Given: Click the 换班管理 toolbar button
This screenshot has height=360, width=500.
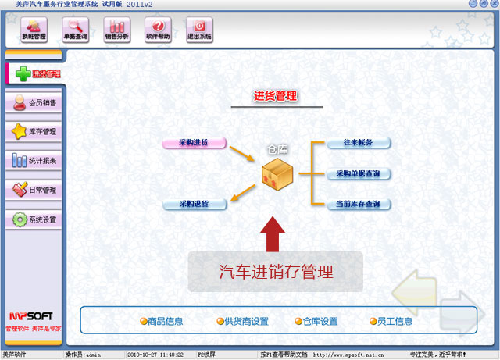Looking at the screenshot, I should (34, 30).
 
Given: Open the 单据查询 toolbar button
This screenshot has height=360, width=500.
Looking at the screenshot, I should (76, 30).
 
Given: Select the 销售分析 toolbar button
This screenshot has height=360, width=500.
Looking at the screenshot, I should (116, 30).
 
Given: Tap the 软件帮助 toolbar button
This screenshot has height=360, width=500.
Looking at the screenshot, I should (158, 30).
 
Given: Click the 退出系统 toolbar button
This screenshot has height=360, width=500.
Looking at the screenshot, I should (198, 30).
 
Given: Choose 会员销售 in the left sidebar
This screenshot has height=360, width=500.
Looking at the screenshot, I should (34, 102).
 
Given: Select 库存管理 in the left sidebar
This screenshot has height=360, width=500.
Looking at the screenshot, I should (34, 131).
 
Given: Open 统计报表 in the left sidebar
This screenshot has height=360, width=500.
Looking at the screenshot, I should (34, 161).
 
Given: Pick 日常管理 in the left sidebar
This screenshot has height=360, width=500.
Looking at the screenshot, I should (34, 190).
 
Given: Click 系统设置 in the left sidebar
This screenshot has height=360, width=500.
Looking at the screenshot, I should (34, 219).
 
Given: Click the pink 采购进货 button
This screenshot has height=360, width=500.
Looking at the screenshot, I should (195, 143).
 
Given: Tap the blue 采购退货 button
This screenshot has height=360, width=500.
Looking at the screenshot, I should (195, 205).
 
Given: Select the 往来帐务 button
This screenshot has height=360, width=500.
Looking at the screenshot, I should (358, 143).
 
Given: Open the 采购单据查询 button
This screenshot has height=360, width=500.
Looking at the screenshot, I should (358, 173).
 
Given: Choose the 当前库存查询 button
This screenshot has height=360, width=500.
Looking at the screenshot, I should (358, 205).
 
